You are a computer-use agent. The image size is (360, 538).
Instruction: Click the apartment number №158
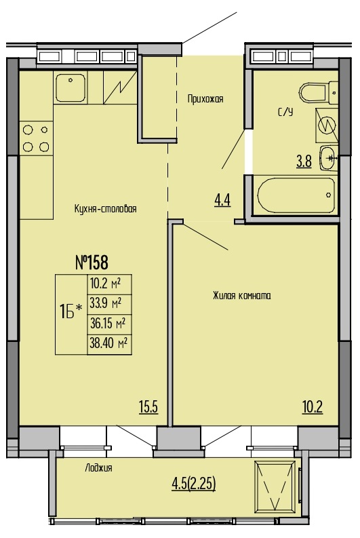pyautogui.click(x=92, y=263)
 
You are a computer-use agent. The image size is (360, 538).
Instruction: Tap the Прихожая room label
pyautogui.click(x=205, y=99)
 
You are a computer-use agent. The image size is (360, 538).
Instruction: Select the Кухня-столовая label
pyautogui.click(x=105, y=208)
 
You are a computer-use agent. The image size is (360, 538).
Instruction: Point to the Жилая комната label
pyautogui.click(x=242, y=295)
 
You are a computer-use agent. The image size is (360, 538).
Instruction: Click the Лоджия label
pyautogui.click(x=99, y=467)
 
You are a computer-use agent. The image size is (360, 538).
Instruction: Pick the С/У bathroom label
pyautogui.click(x=285, y=112)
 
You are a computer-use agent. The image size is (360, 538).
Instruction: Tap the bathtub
pyautogui.click(x=296, y=195)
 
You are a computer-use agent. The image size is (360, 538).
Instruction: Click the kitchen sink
pyautogui.click(x=71, y=88)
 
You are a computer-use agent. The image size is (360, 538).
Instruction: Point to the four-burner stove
pyautogui.click(x=36, y=138)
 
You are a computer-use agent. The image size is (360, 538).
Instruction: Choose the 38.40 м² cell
pyautogui.click(x=109, y=343)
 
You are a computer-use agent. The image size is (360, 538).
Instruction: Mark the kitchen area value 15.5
pyautogui.click(x=148, y=407)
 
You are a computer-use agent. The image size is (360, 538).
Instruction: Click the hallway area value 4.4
pyautogui.click(x=222, y=199)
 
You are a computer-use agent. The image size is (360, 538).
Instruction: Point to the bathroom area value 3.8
pyautogui.click(x=304, y=161)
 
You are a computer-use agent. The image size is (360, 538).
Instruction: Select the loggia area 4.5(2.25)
pyautogui.click(x=194, y=484)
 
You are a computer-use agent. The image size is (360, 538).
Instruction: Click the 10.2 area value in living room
pyautogui.click(x=313, y=407)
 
